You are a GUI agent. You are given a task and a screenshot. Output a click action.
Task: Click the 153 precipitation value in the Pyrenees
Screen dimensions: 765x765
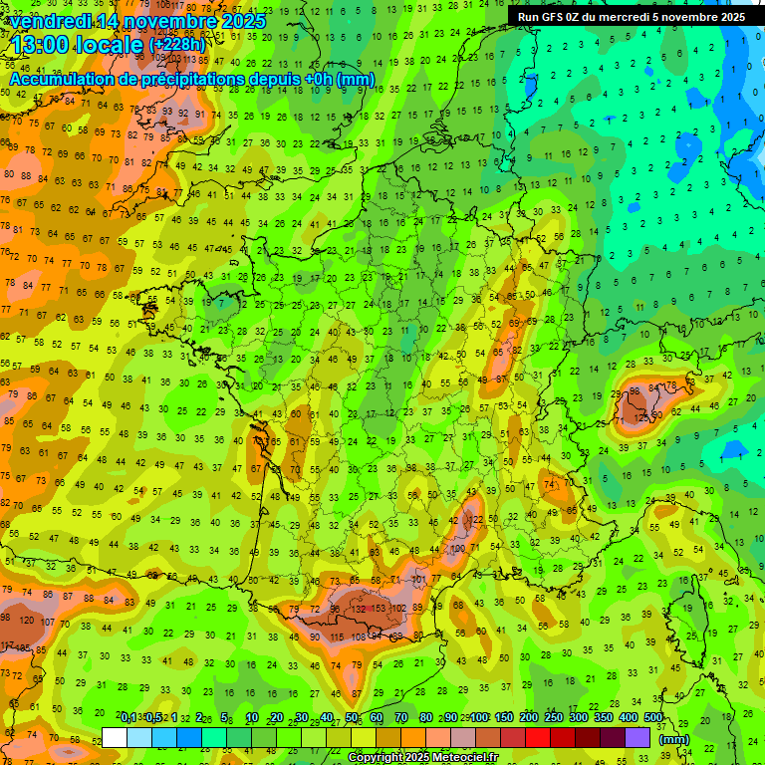pyautogui.click(x=380, y=609)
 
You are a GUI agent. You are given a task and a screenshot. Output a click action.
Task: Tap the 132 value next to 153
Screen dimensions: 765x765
pyautogui.click(x=356, y=609)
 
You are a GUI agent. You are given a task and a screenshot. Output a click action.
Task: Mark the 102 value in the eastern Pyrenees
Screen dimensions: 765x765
pyautogui.click(x=398, y=609)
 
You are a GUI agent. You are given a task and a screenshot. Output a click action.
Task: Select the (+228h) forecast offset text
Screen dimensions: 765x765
pyautogui.click(x=177, y=46)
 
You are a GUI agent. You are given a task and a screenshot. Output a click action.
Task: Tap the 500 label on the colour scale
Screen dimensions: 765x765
pyautogui.click(x=653, y=717)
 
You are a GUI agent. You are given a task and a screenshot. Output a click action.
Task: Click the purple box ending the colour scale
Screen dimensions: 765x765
pyautogui.click(x=637, y=737)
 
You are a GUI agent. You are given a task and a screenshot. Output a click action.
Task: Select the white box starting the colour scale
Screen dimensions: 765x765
pyautogui.click(x=115, y=737)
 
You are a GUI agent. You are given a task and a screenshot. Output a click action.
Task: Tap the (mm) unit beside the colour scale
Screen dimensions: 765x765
pyautogui.click(x=674, y=739)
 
